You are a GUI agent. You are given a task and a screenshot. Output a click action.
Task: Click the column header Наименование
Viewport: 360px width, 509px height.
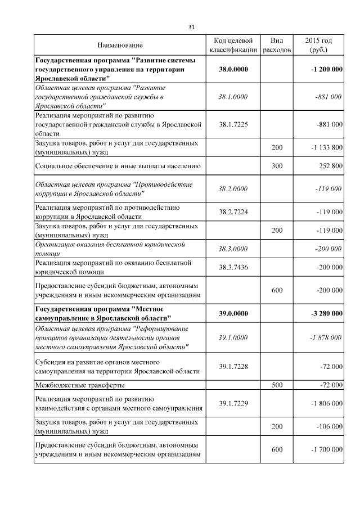120,45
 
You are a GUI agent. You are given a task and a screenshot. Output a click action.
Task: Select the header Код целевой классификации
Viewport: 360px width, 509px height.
233,45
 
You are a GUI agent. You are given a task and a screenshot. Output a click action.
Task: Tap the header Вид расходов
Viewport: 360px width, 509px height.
277,45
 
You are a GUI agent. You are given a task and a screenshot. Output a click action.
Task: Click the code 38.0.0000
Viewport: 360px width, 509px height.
233,69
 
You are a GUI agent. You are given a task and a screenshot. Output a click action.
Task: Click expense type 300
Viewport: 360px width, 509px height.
277,166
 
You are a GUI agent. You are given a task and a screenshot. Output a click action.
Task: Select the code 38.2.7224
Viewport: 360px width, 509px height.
233,211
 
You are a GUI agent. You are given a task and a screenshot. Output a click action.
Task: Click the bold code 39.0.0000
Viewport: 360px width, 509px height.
233,313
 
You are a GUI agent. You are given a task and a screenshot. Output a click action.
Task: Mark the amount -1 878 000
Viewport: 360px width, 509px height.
326,337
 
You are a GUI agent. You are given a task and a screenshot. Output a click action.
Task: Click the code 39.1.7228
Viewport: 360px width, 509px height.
233,366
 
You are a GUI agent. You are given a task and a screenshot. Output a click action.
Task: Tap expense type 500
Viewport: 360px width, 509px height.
277,385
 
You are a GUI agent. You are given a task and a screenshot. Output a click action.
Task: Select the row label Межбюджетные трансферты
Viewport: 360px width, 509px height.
80,385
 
